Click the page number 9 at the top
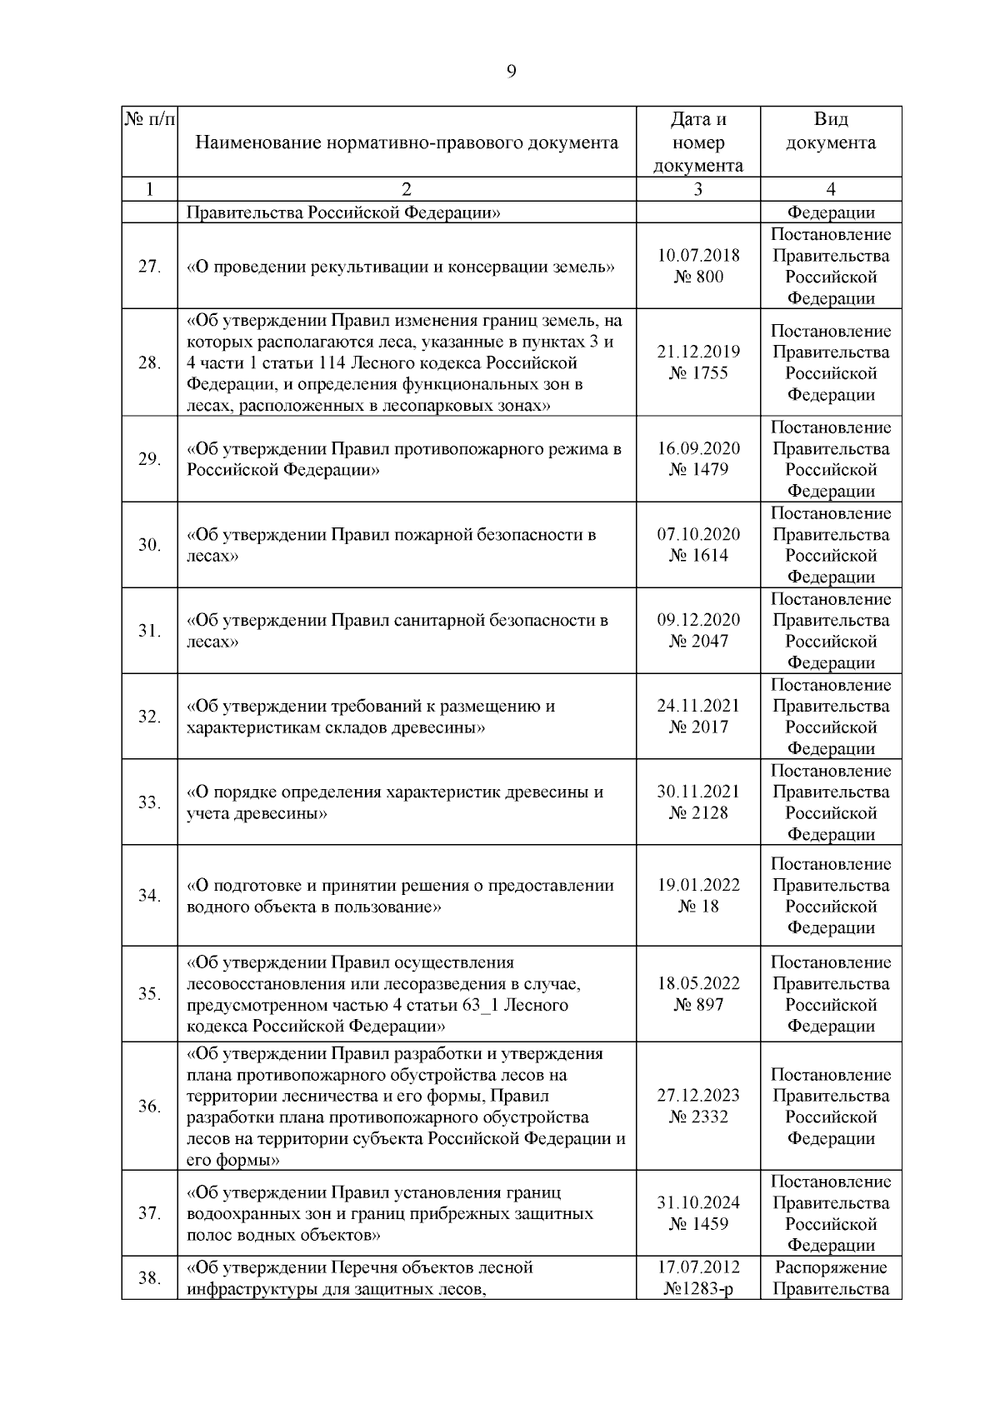(x=511, y=72)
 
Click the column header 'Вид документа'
(x=831, y=131)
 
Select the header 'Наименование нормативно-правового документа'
(x=407, y=142)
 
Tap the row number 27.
(x=149, y=267)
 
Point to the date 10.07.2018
(x=698, y=256)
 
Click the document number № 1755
(x=698, y=373)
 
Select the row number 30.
(x=149, y=545)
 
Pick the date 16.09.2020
(x=698, y=448)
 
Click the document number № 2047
(x=698, y=642)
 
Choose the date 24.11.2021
(x=698, y=706)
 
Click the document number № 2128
(x=698, y=813)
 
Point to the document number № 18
(x=698, y=907)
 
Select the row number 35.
(x=149, y=994)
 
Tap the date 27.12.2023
(x=698, y=1096)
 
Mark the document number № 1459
(x=698, y=1224)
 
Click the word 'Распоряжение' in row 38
(x=831, y=1267)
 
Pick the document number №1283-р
(x=698, y=1289)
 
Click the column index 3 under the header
(x=698, y=189)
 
